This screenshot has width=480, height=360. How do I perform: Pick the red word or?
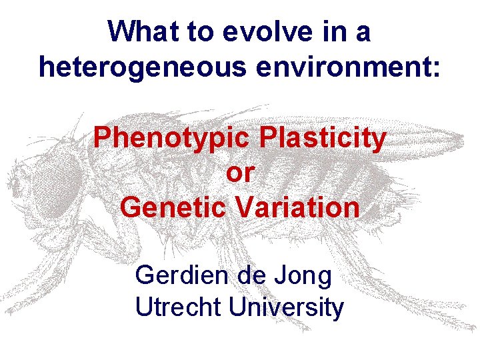[240, 173]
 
